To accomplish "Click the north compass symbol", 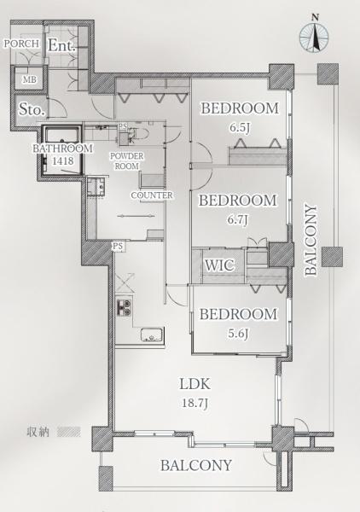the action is click(314, 37).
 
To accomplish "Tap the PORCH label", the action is click(21, 44).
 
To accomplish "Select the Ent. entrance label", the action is click(62, 46).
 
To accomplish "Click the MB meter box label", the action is click(29, 79).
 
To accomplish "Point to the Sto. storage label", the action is click(32, 109).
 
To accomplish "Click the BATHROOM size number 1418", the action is click(62, 160).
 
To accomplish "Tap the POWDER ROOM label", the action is click(126, 161).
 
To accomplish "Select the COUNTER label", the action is click(152, 195).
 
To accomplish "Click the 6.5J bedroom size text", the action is click(240, 127).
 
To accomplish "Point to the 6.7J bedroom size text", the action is click(238, 219).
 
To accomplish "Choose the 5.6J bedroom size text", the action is click(238, 334).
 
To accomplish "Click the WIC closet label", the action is click(219, 265).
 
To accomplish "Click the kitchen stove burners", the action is click(124, 307).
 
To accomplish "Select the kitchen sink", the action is click(152, 335).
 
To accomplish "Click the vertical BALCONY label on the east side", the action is click(311, 241).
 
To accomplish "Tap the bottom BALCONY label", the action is click(196, 465).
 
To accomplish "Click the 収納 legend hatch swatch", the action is click(68, 432).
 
